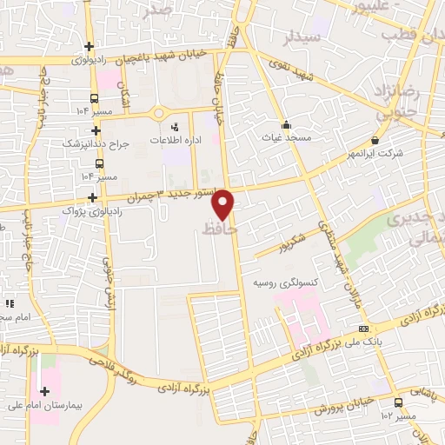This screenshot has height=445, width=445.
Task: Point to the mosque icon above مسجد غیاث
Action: [286, 123]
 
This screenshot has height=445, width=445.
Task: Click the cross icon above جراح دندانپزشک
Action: [96, 130]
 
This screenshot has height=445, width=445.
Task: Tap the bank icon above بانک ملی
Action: [362, 328]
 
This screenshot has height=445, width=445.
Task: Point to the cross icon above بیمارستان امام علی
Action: [44, 392]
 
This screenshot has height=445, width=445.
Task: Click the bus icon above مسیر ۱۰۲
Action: [398, 402]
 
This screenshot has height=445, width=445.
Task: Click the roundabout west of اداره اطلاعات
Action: [158, 112]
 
